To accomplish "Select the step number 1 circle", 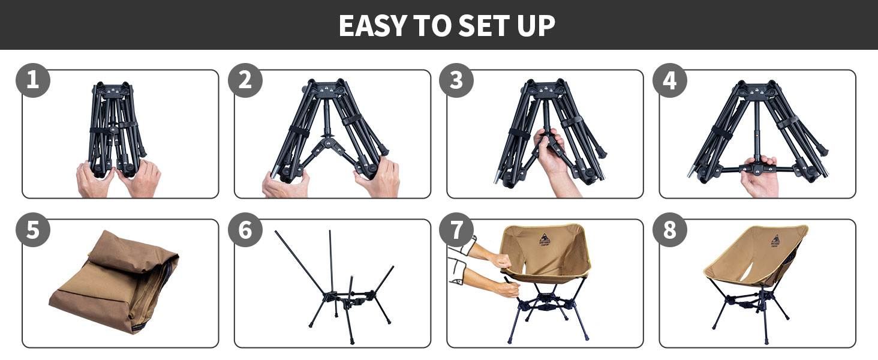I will [x=33, y=80].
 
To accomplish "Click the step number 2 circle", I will [x=245, y=80].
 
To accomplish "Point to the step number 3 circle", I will [x=457, y=80].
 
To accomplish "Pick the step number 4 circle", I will [x=670, y=80].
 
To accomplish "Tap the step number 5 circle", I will [x=33, y=231].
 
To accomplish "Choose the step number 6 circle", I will [x=245, y=231].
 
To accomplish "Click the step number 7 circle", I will [x=457, y=231].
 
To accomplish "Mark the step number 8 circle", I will [x=670, y=231].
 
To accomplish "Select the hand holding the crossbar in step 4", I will [x=759, y=177].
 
